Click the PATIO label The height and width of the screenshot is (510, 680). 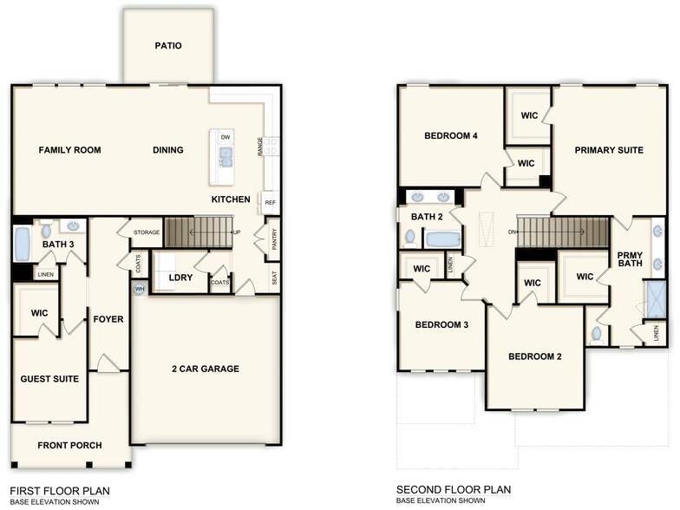168,46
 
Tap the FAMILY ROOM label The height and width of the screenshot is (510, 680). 69,150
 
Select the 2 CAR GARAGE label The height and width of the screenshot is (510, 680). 205,369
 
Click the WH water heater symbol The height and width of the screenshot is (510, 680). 140,289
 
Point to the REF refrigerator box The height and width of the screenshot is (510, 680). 270,202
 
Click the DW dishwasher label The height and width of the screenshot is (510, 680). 226,137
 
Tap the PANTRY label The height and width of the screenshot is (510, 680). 274,239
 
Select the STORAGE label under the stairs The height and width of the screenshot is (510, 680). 147,232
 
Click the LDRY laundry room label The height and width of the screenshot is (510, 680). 180,278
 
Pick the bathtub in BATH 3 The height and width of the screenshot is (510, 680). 22,244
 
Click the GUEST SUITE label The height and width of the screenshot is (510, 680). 49,379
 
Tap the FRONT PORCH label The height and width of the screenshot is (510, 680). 69,445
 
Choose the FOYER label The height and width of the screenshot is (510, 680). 108,319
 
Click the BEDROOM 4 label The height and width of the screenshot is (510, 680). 451,136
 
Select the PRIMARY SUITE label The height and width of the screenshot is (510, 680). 609,150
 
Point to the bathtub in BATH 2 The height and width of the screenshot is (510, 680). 441,239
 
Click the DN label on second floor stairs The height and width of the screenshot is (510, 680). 513,232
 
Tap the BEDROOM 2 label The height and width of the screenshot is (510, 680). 535,356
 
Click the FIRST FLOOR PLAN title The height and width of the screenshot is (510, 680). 60,491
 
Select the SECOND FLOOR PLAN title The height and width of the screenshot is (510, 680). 454,490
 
